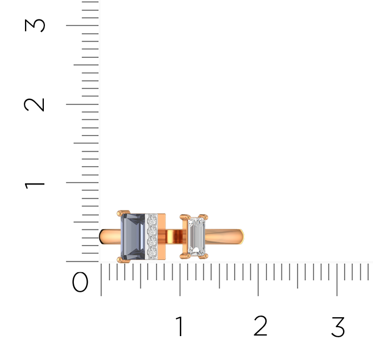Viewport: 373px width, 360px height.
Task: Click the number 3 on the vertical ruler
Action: click(35, 25)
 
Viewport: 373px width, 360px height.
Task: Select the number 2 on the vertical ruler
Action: click(34, 104)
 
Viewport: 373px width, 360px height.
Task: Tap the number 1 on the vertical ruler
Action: click(34, 185)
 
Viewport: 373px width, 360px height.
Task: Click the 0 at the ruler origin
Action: click(80, 282)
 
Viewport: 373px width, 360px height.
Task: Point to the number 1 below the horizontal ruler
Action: click(180, 326)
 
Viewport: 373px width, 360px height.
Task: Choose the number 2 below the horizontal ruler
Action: click(260, 326)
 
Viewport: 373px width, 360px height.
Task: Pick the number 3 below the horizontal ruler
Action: click(338, 327)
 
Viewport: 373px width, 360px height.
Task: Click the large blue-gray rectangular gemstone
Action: click(133, 237)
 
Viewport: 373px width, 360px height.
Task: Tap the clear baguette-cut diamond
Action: click(196, 237)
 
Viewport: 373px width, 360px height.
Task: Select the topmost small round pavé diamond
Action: click(152, 220)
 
